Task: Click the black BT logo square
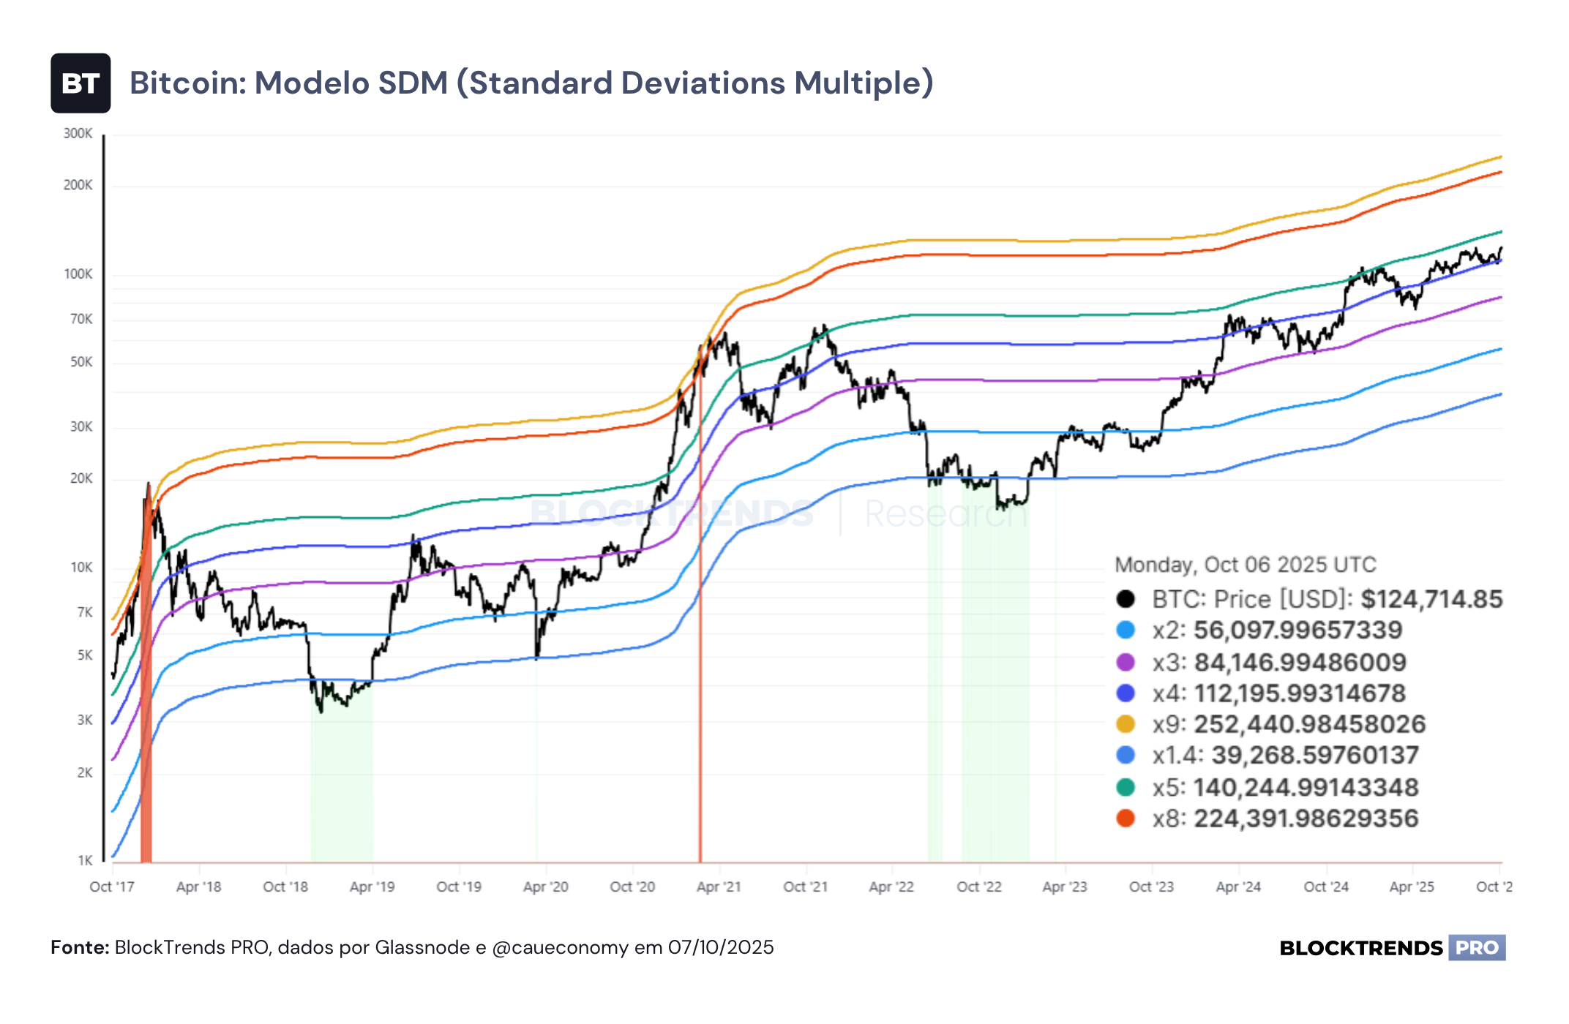pyautogui.click(x=80, y=83)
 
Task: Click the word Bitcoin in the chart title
pyautogui.click(x=186, y=83)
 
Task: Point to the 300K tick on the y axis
pyautogui.click(x=78, y=133)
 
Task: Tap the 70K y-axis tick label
pyautogui.click(x=81, y=319)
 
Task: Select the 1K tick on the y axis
pyautogui.click(x=85, y=860)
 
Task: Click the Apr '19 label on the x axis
pyautogui.click(x=372, y=886)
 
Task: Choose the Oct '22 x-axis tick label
pyautogui.click(x=979, y=886)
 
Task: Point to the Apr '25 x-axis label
pyautogui.click(x=1412, y=886)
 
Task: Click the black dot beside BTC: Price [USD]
pyautogui.click(x=1126, y=599)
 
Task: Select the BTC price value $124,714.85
pyautogui.click(x=1431, y=599)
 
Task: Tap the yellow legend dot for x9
pyautogui.click(x=1126, y=724)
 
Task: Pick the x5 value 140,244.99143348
pyautogui.click(x=1306, y=787)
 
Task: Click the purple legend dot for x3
pyautogui.click(x=1126, y=662)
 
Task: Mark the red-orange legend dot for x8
pyautogui.click(x=1126, y=818)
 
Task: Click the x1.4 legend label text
pyautogui.click(x=1178, y=756)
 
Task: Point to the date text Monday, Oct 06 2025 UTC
pyautogui.click(x=1245, y=565)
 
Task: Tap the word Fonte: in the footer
pyautogui.click(x=80, y=947)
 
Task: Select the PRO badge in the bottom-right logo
pyautogui.click(x=1477, y=948)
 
